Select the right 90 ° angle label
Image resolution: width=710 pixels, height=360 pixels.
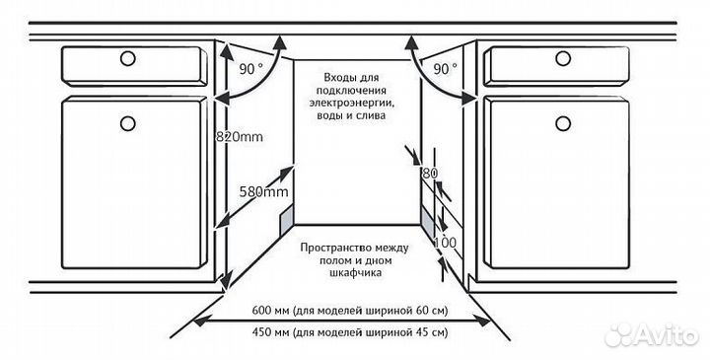[445, 68]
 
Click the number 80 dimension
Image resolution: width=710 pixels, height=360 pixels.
[428, 174]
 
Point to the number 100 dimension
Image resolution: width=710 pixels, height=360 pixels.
[445, 243]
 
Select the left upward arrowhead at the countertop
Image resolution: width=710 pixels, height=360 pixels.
[281, 40]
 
